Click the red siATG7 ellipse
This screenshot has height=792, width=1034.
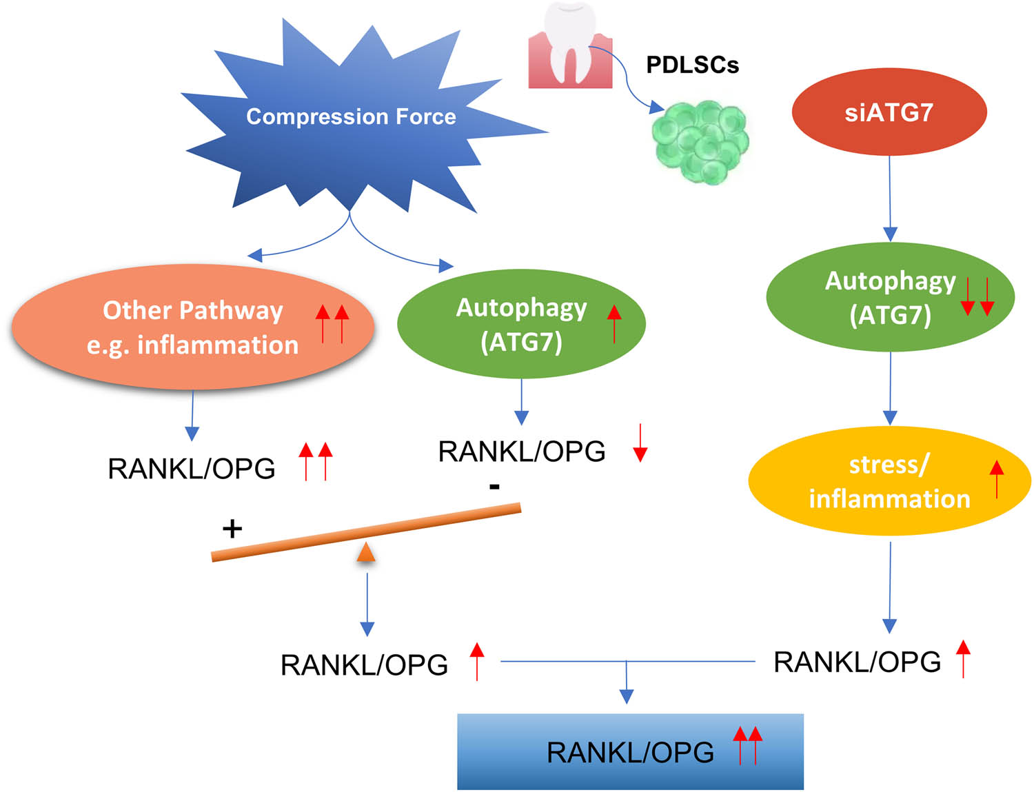[889, 112]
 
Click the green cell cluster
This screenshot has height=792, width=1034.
[700, 141]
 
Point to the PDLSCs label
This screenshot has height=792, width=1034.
[692, 65]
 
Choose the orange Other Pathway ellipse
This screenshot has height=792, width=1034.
[193, 327]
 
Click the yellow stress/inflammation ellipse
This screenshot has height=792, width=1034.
[889, 481]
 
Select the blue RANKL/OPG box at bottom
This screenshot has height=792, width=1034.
[630, 751]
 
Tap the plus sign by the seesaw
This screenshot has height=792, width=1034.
[232, 529]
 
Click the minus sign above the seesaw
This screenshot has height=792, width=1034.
[494, 487]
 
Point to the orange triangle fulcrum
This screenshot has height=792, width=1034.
[366, 552]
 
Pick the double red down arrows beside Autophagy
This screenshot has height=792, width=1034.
[977, 297]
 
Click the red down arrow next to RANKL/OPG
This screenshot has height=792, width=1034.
[640, 443]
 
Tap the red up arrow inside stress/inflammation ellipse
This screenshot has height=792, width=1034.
[996, 479]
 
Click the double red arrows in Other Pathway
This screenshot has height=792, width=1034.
[332, 323]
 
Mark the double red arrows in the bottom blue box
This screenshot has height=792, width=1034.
[747, 744]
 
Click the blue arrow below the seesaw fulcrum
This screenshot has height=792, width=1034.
[367, 603]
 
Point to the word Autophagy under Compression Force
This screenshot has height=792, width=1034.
[521, 307]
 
